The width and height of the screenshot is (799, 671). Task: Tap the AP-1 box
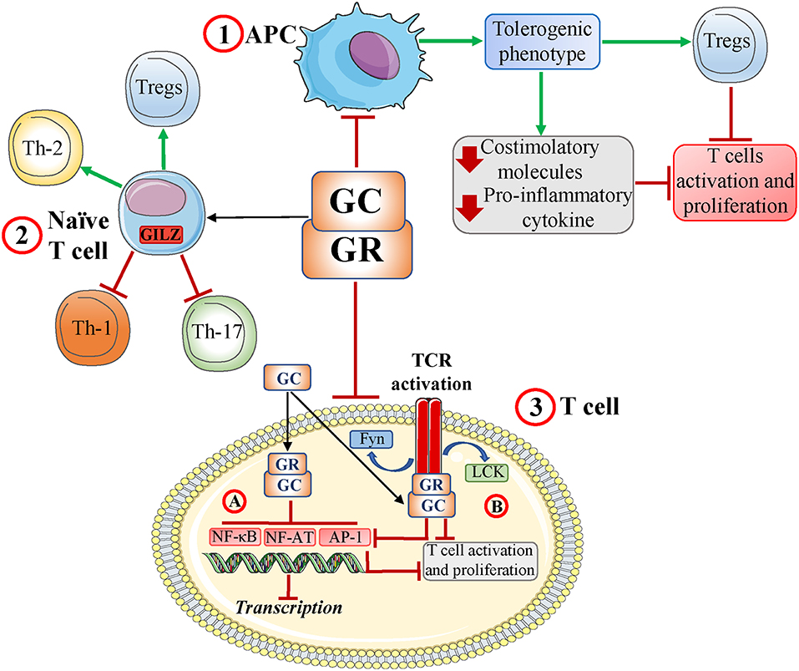click(344, 537)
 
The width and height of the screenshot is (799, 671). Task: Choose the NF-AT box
click(289, 537)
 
